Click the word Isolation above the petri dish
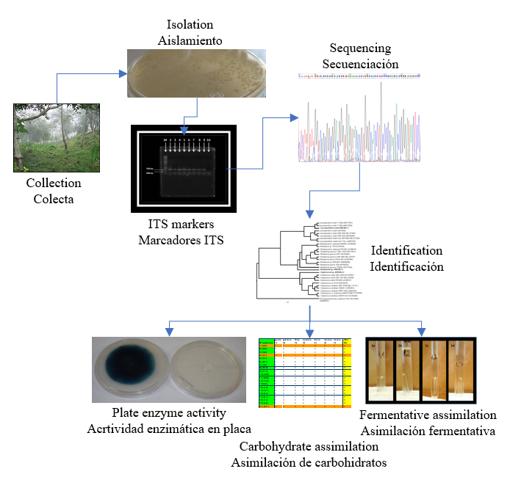(x=190, y=24)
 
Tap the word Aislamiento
(x=190, y=40)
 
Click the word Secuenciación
(x=360, y=64)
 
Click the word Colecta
(x=54, y=199)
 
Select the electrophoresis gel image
(x=181, y=168)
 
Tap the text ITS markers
(x=181, y=223)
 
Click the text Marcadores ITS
(x=181, y=239)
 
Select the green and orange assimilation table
(x=305, y=373)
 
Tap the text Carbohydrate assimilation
(x=309, y=446)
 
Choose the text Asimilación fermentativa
(x=428, y=431)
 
